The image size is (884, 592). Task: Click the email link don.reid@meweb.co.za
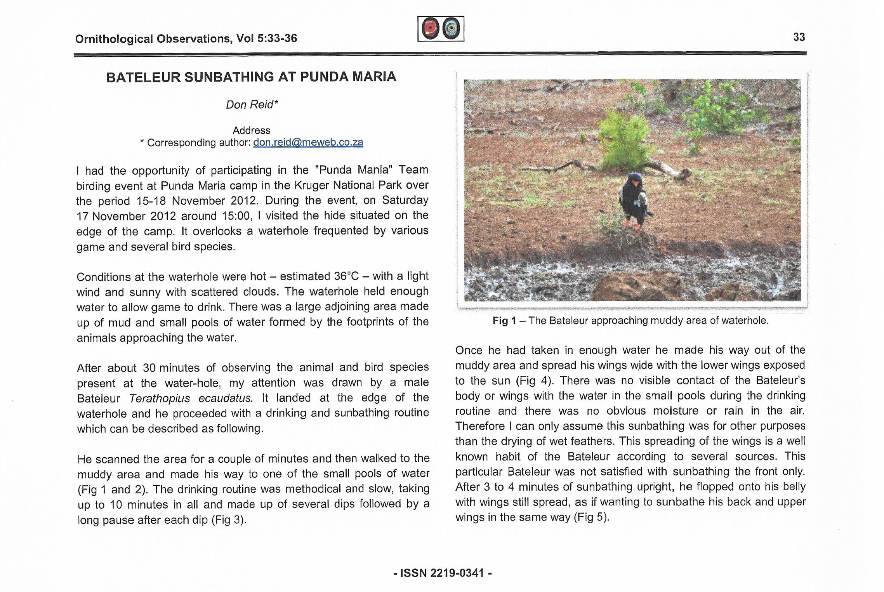[x=308, y=142]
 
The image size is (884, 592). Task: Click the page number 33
[x=799, y=37]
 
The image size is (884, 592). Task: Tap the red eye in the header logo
[x=430, y=28]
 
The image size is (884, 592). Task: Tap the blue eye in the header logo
[x=451, y=28]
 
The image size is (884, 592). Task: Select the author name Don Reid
[x=252, y=105]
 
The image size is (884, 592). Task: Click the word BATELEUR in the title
[x=143, y=77]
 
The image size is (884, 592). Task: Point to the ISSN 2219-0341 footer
[x=442, y=573]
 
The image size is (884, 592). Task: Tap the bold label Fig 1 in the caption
[x=504, y=321]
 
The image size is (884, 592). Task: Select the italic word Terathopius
[x=160, y=398]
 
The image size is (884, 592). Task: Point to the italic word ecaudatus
[x=226, y=398]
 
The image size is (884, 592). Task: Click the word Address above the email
[x=251, y=130]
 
